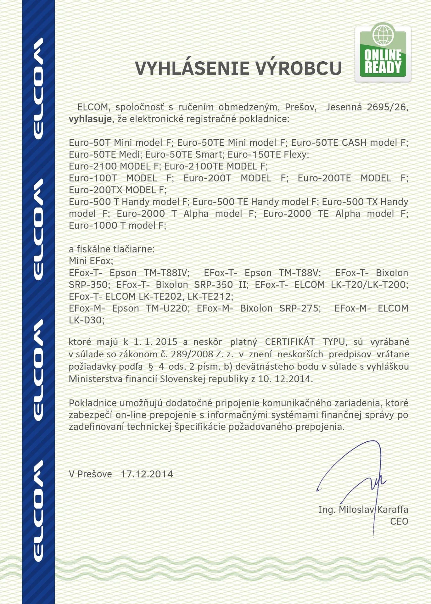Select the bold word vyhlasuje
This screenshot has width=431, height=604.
click(90, 119)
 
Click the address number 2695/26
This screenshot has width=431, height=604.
click(387, 107)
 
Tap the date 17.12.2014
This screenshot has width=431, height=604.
click(147, 474)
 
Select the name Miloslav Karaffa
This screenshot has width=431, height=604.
click(373, 510)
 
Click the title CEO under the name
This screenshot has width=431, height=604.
click(399, 522)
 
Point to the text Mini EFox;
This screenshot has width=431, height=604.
click(91, 261)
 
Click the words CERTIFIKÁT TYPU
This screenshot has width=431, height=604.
click(305, 342)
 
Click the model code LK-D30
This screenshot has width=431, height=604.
click(85, 320)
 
